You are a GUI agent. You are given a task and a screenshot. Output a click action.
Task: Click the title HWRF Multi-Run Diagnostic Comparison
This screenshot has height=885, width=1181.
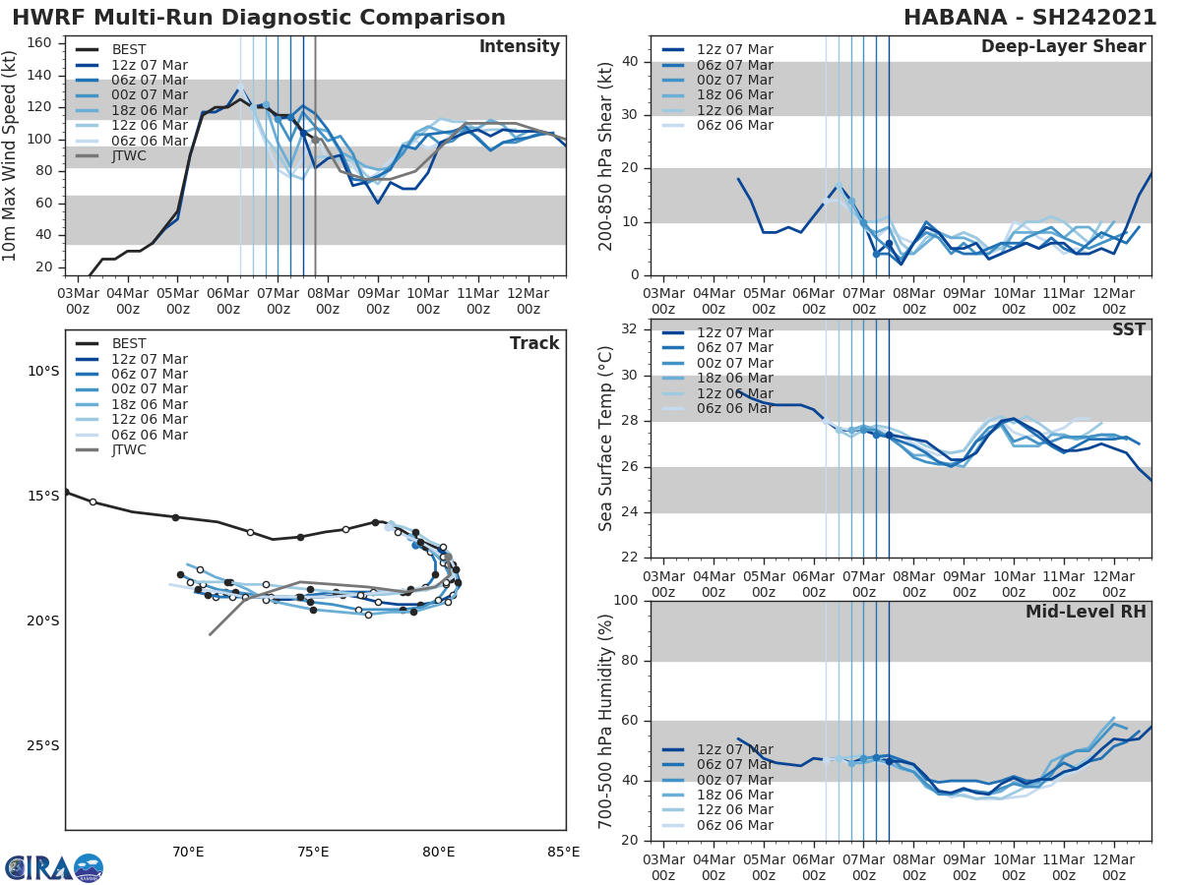[259, 18]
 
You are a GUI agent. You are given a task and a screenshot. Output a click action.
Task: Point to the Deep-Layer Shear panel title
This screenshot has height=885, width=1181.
[1063, 47]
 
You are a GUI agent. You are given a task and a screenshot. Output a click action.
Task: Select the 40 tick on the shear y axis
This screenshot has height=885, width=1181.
[630, 62]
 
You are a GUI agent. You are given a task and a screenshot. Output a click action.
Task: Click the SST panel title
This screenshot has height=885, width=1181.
[1128, 329]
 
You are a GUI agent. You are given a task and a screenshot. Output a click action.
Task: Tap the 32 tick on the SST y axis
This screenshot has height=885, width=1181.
[630, 329]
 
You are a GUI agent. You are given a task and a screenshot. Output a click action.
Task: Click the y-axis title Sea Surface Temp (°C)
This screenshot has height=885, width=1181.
[606, 439]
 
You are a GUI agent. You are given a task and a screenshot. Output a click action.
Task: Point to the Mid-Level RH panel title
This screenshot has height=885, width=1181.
[1085, 612]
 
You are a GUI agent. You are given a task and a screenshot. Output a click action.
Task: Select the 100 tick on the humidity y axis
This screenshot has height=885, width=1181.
[626, 601]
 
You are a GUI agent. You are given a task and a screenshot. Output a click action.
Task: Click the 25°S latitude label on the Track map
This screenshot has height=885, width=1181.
[42, 745]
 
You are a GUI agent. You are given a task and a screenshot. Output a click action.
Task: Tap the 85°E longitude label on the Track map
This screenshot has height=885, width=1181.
[563, 852]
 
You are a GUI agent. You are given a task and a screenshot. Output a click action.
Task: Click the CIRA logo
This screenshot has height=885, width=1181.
[53, 867]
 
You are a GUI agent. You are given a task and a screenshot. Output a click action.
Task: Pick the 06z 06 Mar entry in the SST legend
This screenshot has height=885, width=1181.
[734, 408]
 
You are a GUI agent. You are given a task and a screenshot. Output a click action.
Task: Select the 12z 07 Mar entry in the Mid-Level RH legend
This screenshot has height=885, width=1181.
[734, 749]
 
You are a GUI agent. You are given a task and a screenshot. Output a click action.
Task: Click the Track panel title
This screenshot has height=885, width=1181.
[533, 343]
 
